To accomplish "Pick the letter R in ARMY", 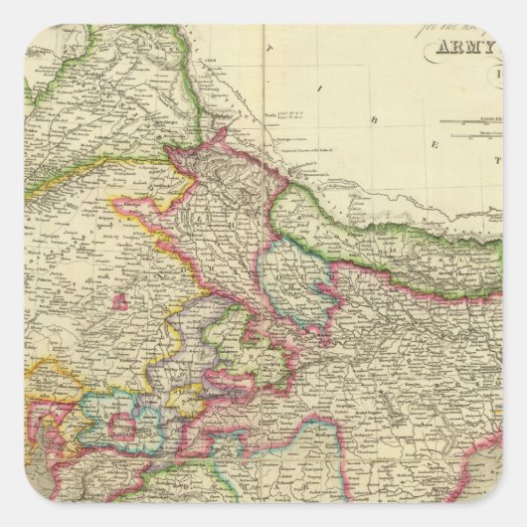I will click(455, 50).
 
